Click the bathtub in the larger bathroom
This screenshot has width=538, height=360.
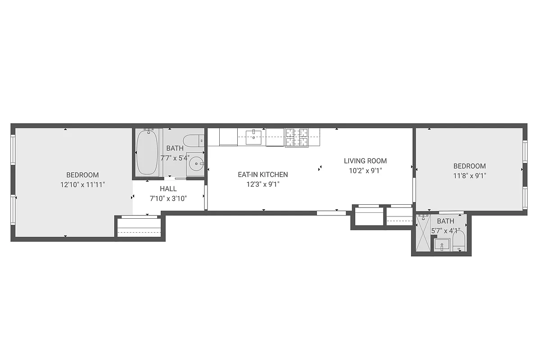[147, 152]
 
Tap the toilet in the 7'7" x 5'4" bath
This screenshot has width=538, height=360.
[194, 141]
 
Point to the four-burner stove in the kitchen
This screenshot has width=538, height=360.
[297, 137]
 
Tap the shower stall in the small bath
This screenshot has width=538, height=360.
[421, 234]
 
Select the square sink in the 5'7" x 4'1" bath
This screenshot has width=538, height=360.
[442, 245]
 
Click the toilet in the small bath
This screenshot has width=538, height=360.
[459, 240]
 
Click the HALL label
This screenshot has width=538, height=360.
[168, 189]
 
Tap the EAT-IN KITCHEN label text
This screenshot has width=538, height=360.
[263, 175]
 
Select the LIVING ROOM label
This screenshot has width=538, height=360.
[365, 161]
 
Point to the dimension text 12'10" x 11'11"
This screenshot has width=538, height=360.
[83, 184]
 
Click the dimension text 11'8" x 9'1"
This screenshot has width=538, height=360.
[470, 175]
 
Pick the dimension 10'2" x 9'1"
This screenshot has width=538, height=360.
[365, 171]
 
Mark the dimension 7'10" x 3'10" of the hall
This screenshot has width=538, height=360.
[168, 198]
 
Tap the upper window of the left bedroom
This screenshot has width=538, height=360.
[13, 149]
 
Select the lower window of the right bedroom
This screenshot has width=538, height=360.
[524, 198]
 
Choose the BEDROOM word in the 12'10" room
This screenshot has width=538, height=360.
[82, 175]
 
